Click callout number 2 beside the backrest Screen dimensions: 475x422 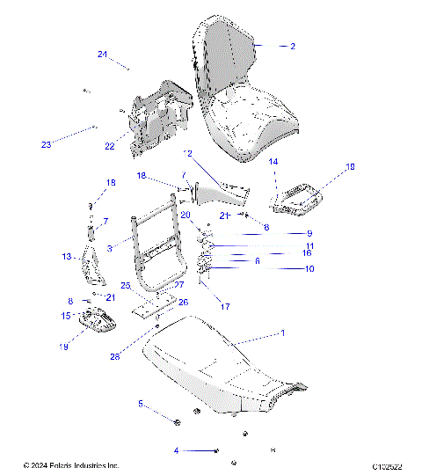(293, 45)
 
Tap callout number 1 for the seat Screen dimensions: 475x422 (282, 333)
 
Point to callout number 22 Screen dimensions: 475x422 (110, 146)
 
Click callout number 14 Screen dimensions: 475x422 (273, 162)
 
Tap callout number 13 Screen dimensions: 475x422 (66, 257)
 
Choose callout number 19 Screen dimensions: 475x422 (63, 347)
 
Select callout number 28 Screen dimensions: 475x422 (140, 356)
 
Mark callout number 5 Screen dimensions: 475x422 (140, 404)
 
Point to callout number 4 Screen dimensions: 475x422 (176, 450)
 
